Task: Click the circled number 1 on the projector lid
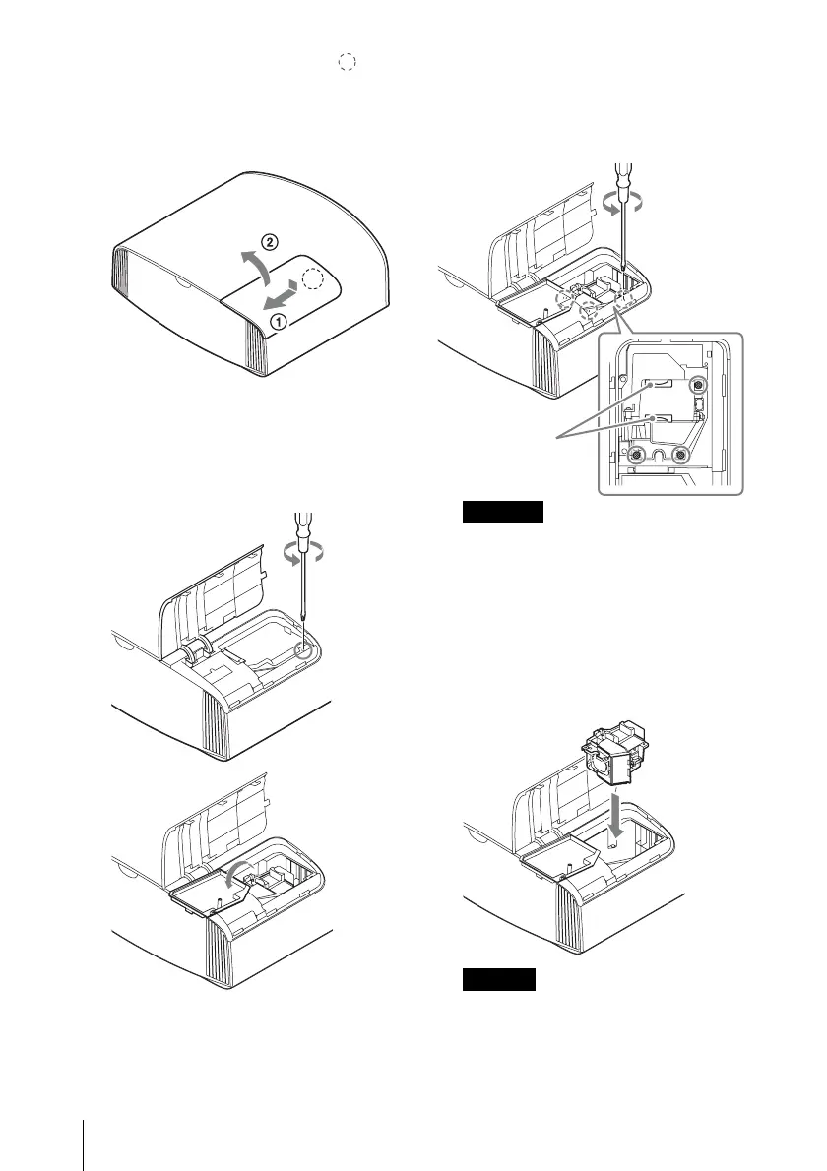(280, 321)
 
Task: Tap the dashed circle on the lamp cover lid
(312, 281)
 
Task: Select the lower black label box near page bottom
(499, 979)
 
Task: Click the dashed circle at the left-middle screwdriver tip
(310, 651)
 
